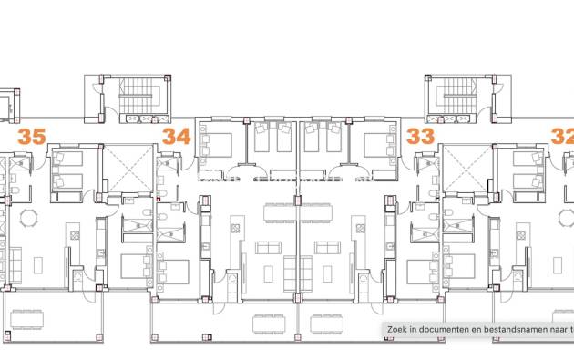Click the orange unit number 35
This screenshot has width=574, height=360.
tap(32, 137)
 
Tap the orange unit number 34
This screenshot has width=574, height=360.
tap(177, 137)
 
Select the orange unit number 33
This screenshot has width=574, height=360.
tap(421, 137)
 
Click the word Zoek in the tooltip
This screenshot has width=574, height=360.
tap(396, 330)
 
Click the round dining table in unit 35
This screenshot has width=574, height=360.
tap(28, 218)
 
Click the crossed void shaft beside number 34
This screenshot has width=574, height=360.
tap(128, 168)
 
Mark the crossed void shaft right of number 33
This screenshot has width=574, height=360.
tap(467, 168)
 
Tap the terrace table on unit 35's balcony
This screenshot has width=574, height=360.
tap(27, 319)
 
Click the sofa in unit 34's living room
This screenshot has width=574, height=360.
tap(269, 248)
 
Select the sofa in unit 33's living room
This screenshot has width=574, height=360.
tap(327, 248)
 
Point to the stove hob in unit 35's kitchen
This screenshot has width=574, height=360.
tap(75, 235)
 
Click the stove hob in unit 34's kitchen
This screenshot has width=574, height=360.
tap(235, 229)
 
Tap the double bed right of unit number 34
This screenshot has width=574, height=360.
tap(216, 146)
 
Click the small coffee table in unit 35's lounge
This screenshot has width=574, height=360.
tap(38, 265)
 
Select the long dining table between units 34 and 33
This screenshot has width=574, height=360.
tap(298, 213)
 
